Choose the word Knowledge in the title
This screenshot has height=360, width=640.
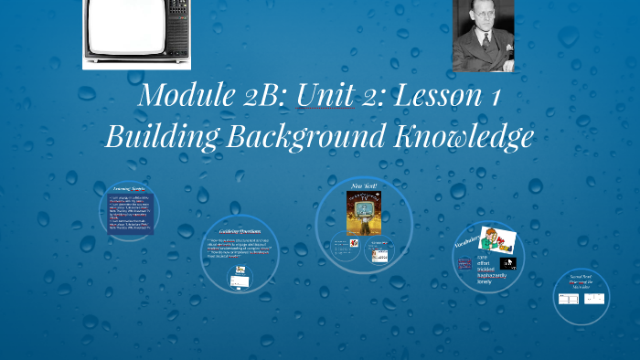(464, 136)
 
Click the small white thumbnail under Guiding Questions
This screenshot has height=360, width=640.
(240, 281)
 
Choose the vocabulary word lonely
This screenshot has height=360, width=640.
(485, 282)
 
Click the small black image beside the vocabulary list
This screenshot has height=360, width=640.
(508, 263)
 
